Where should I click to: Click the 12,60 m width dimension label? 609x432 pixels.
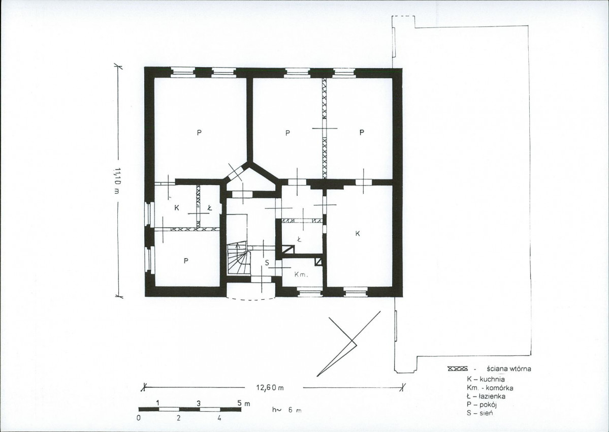[x=270, y=387]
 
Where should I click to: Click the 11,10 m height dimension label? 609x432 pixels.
[x=117, y=181]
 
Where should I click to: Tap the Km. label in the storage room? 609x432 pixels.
[x=301, y=274]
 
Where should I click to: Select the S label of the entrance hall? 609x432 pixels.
[x=267, y=263]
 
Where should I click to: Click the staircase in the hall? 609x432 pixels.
[x=239, y=258]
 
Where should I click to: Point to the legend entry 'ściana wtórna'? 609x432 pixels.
[x=508, y=368]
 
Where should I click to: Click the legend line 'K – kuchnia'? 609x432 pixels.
[x=486, y=379]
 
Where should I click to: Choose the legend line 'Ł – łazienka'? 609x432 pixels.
[x=486, y=396]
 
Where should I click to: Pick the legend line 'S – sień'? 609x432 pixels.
[x=479, y=413]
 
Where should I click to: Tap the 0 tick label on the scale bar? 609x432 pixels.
[x=138, y=418]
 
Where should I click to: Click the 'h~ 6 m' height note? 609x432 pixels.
[x=287, y=410]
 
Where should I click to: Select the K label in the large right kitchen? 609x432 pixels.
[x=358, y=233]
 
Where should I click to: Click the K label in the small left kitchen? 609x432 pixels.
[x=177, y=208]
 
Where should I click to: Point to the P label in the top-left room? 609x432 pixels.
[x=199, y=133]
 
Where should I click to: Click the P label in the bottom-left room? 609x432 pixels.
[x=186, y=261]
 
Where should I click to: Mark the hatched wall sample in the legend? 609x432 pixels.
[x=458, y=368]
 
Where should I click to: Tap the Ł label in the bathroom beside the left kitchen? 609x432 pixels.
[x=210, y=208]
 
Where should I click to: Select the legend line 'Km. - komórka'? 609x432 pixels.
[x=490, y=388]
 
